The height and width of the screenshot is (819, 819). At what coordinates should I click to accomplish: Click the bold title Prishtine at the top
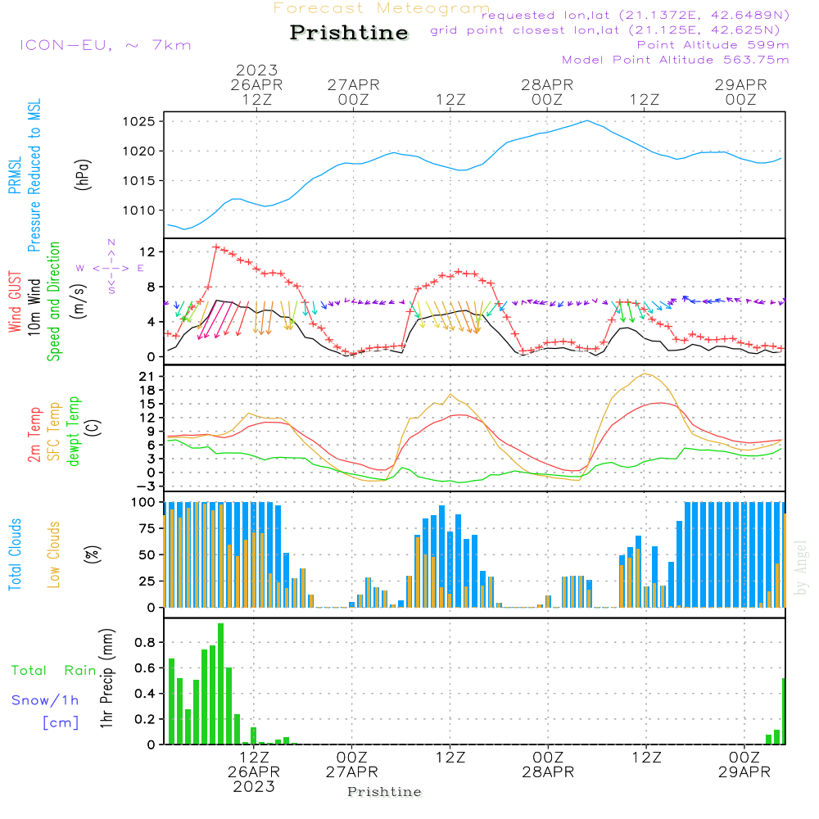coord(349,33)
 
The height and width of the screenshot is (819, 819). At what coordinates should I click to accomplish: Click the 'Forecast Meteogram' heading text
coord(382,8)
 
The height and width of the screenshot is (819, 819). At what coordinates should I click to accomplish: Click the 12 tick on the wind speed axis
coord(150,251)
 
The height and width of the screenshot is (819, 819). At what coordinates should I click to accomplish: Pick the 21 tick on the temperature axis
coord(150,376)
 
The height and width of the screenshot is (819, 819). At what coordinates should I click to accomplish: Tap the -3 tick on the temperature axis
coord(150,486)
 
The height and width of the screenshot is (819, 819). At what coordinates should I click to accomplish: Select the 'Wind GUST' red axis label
coord(15,303)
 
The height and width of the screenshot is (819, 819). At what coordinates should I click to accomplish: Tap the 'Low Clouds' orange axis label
coord(55,552)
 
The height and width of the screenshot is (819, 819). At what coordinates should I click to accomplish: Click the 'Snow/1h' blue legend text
coord(46,700)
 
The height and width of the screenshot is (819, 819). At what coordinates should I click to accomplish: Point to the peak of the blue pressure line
coord(586,120)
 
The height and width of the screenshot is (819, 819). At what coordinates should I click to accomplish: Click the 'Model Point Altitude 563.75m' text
coord(676,60)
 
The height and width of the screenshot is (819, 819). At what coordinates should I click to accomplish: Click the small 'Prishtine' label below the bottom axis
coord(384,792)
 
